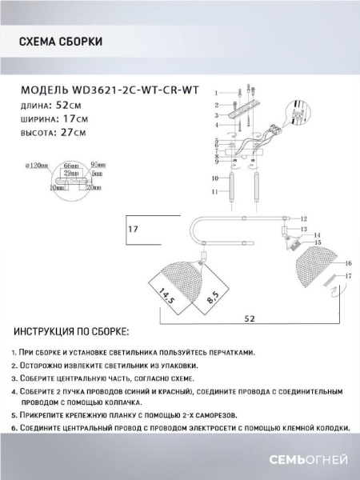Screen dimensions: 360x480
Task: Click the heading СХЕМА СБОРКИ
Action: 59,42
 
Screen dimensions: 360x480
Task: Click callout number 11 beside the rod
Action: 215,193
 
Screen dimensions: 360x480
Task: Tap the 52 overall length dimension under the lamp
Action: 250,318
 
